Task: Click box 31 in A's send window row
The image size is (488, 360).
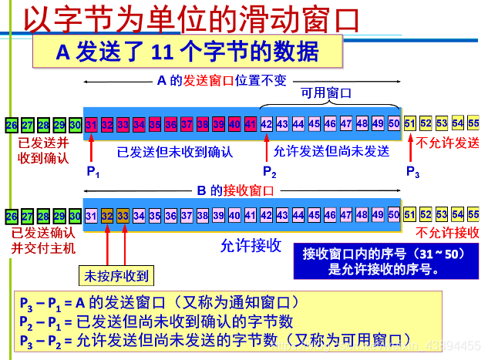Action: pyautogui.click(x=91, y=123)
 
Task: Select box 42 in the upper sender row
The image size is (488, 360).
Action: pyautogui.click(x=267, y=123)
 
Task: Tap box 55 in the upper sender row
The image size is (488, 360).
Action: pyautogui.click(x=473, y=123)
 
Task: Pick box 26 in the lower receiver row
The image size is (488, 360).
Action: pyautogui.click(x=11, y=215)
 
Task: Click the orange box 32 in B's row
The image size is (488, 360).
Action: pyautogui.click(x=107, y=215)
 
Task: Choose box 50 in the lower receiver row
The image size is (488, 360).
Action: pyautogui.click(x=394, y=215)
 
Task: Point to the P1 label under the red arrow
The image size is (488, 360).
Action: pyautogui.click(x=93, y=171)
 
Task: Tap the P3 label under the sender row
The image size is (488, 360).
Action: pyautogui.click(x=413, y=171)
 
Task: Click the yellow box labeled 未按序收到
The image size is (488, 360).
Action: pyautogui.click(x=116, y=275)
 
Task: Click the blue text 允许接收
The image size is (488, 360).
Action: pyautogui.click(x=251, y=246)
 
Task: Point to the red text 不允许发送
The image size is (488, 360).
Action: pyautogui.click(x=447, y=143)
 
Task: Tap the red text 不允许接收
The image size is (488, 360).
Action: pyautogui.click(x=447, y=232)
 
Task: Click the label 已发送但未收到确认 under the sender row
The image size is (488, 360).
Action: pyautogui.click(x=175, y=151)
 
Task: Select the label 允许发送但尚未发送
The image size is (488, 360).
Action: pyautogui.click(x=332, y=151)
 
